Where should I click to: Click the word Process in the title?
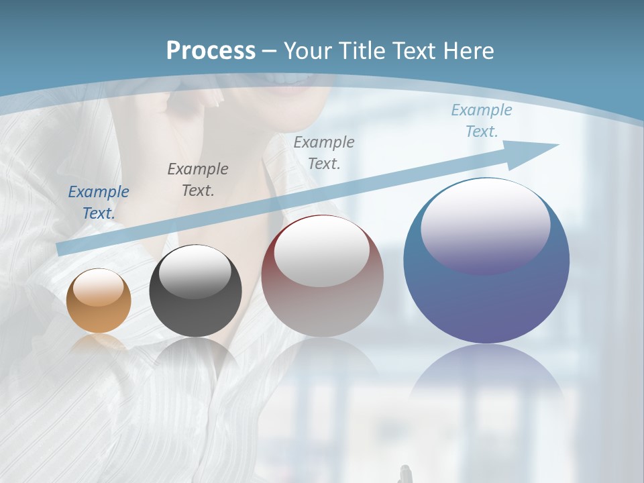[x=211, y=50]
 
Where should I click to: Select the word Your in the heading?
[x=309, y=51]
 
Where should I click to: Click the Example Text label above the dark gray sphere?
[x=197, y=180]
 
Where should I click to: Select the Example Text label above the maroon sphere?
[x=324, y=153]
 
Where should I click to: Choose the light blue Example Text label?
[x=481, y=121]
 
